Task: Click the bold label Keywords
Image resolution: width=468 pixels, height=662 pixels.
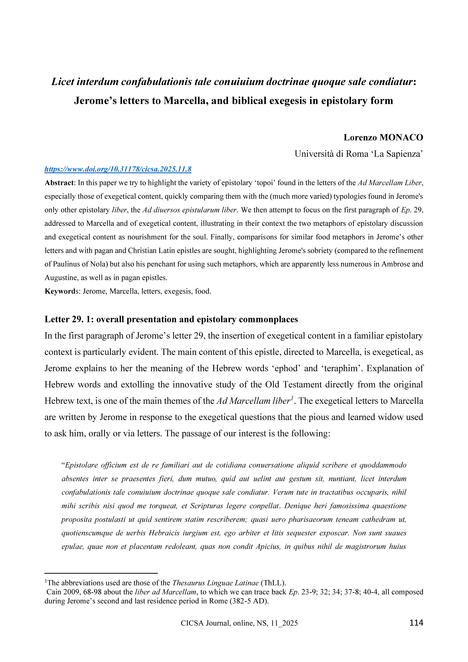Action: click(61, 291)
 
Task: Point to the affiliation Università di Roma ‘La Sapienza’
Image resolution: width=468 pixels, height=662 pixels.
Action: click(358, 154)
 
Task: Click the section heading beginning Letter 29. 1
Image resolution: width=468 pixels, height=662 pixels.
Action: click(171, 319)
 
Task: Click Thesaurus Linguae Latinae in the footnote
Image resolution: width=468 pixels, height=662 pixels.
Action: click(215, 583)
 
